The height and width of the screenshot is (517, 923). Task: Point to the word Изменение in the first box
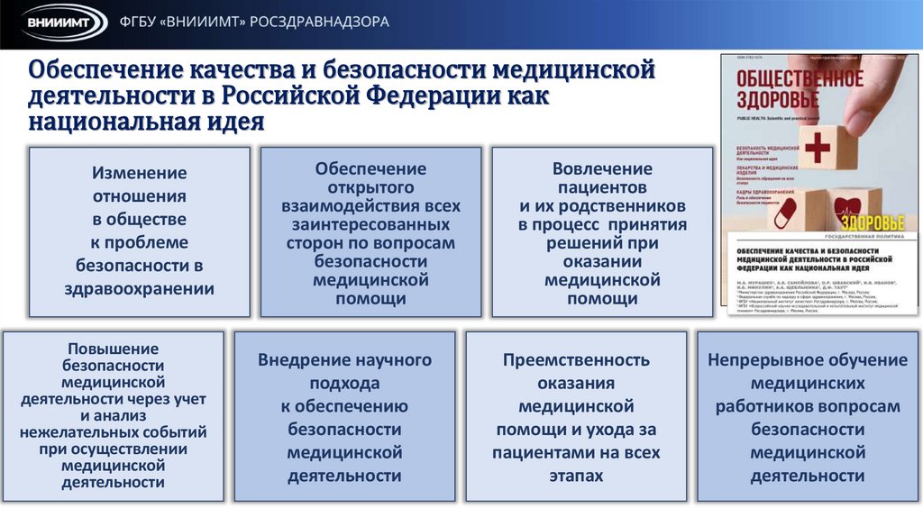pos(139,173)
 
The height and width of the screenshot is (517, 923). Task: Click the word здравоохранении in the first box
pos(139,288)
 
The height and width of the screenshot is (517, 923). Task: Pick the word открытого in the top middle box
pos(370,187)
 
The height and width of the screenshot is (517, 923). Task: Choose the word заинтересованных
pos(370,224)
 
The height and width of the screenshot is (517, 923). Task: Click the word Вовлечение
pos(601,169)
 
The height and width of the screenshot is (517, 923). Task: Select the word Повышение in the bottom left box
pos(114,349)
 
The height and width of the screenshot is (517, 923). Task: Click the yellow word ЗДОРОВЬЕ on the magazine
pos(873,222)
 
